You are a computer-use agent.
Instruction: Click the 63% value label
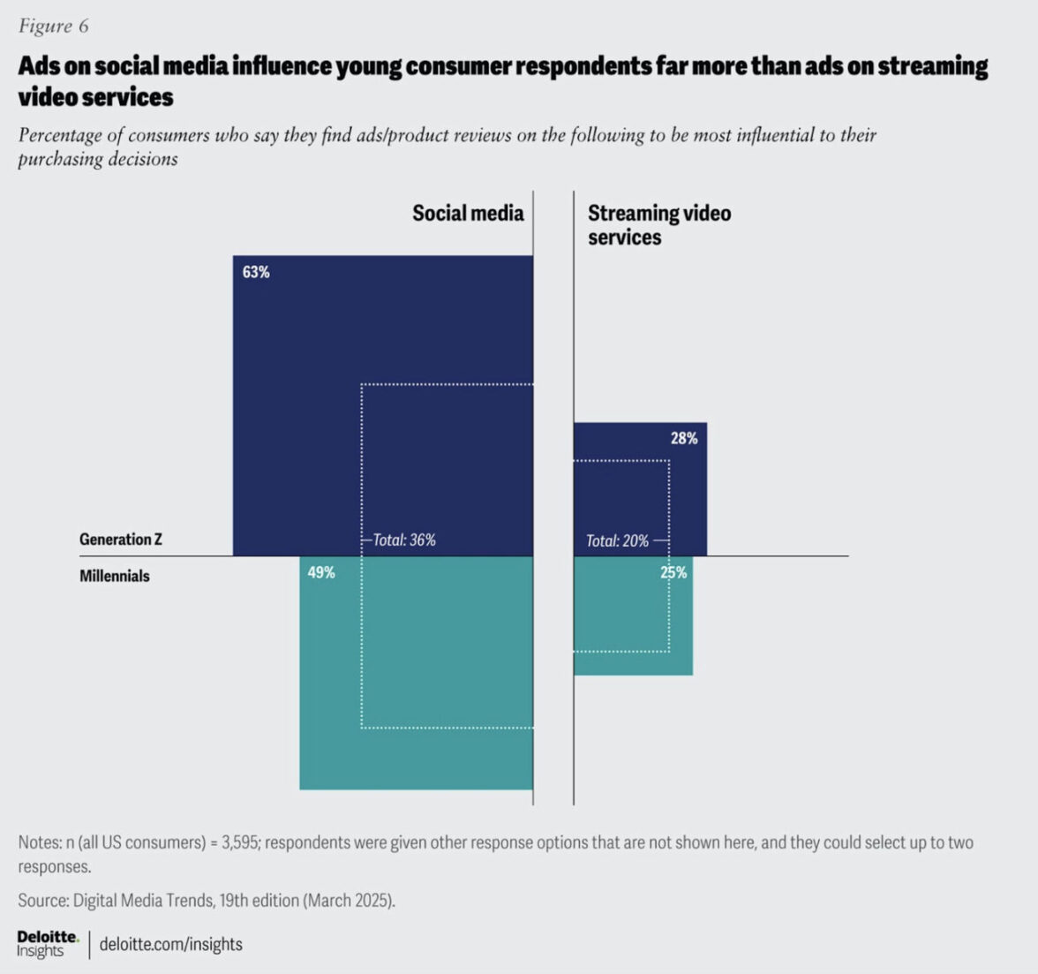click(x=256, y=272)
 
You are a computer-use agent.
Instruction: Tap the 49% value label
click(x=321, y=572)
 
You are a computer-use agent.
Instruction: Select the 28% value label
click(x=684, y=438)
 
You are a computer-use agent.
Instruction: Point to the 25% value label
click(x=673, y=572)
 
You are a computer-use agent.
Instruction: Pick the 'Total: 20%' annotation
click(x=617, y=540)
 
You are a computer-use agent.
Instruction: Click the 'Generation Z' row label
click(x=121, y=539)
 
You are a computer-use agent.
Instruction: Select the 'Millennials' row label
click(x=115, y=576)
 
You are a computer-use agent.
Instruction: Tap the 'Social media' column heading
click(x=468, y=213)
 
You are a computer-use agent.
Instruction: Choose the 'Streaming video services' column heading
click(x=659, y=225)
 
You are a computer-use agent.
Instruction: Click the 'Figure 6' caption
click(x=53, y=26)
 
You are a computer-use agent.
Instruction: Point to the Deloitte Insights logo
click(x=47, y=943)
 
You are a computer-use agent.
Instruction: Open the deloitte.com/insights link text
click(x=171, y=944)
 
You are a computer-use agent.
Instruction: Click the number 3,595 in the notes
click(x=239, y=842)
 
